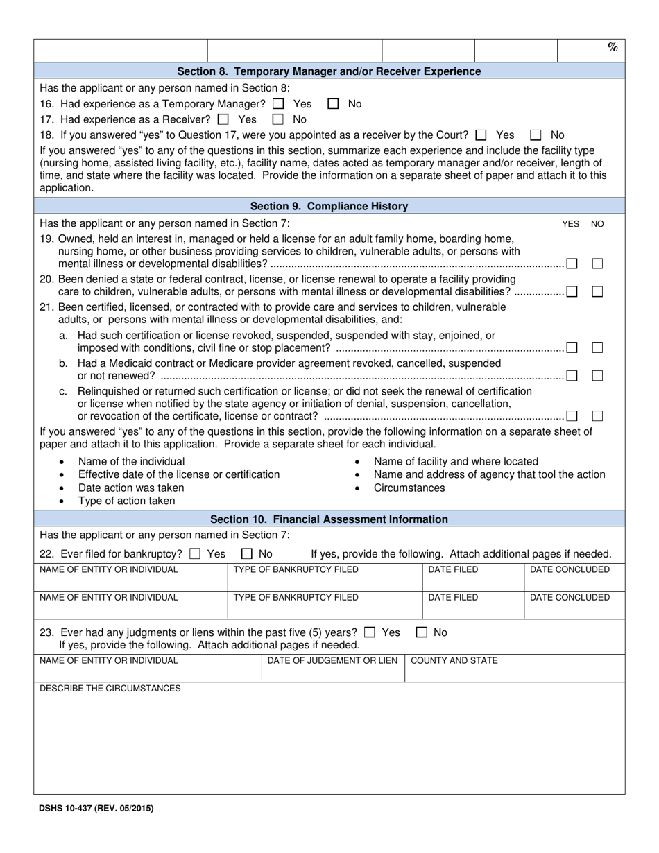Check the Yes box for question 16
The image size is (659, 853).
pyautogui.click(x=278, y=104)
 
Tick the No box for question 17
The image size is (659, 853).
pyautogui.click(x=277, y=119)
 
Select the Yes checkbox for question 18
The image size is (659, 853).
pyautogui.click(x=481, y=135)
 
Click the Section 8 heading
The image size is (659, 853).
pyautogui.click(x=329, y=71)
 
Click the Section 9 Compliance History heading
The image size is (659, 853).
pyautogui.click(x=329, y=206)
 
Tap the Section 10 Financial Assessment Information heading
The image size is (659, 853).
pyautogui.click(x=329, y=519)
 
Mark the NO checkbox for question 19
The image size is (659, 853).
pyautogui.click(x=597, y=264)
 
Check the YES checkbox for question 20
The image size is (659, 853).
pyautogui.click(x=572, y=292)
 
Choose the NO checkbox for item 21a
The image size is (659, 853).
pyautogui.click(x=597, y=347)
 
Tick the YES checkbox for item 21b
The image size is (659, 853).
pyautogui.click(x=572, y=376)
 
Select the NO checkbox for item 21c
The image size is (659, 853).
pyautogui.click(x=597, y=416)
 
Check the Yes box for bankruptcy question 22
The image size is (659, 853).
pyautogui.click(x=195, y=554)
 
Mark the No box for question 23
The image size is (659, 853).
pyautogui.click(x=422, y=632)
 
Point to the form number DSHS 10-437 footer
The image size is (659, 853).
pyautogui.click(x=96, y=808)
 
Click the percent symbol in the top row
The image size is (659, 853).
pyautogui.click(x=612, y=47)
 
